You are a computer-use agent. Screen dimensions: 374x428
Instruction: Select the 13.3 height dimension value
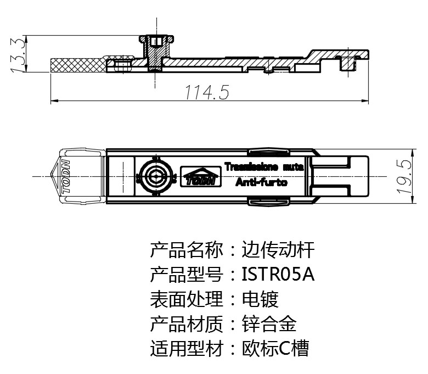(17, 54)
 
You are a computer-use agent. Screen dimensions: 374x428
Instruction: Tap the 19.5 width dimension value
(405, 176)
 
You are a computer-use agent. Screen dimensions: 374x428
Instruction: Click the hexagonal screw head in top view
(155, 177)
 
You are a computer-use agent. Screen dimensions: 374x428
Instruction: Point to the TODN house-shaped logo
(201, 176)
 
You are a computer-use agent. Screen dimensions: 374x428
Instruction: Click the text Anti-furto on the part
(261, 183)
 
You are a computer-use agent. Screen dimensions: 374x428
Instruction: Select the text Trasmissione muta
(264, 165)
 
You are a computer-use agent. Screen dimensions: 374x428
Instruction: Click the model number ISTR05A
(278, 274)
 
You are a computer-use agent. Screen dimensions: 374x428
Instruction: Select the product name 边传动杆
(278, 250)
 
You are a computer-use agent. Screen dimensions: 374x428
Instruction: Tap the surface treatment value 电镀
(260, 299)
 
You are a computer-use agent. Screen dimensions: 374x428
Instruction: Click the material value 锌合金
(269, 324)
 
